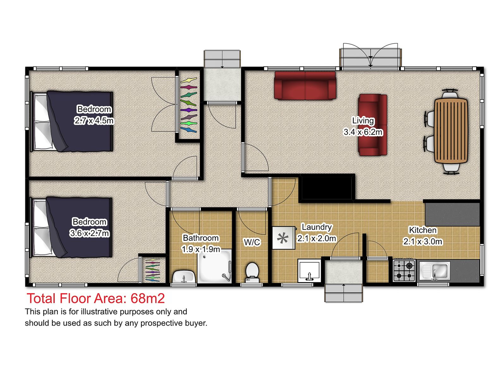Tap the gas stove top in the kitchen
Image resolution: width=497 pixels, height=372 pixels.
click(x=404, y=270)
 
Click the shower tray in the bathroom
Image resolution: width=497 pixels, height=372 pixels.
click(x=215, y=266)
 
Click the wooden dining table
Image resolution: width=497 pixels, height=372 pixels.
click(x=451, y=131)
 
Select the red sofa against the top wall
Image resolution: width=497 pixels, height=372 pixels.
click(x=305, y=86)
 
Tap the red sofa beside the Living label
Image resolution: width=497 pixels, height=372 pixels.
click(x=373, y=125)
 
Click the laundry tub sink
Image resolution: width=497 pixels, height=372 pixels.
click(x=309, y=270)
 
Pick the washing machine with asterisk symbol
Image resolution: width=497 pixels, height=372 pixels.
click(x=283, y=238)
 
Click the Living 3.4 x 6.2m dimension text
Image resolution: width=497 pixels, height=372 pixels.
click(x=363, y=132)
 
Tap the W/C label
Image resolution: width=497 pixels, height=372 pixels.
click(x=252, y=242)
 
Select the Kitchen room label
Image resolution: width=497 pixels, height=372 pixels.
click(x=422, y=230)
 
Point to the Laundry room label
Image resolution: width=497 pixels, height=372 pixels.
click(x=317, y=227)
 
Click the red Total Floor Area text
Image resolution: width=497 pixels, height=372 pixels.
click(x=96, y=298)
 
